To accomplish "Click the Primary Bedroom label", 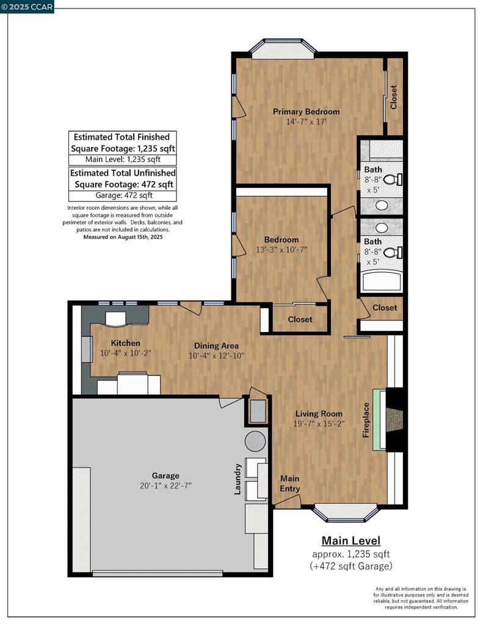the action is pyautogui.click(x=306, y=112).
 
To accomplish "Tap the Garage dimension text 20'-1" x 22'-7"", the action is pyautogui.click(x=165, y=485).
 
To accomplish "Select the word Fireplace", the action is pyautogui.click(x=366, y=420).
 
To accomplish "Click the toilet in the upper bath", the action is pyautogui.click(x=393, y=179).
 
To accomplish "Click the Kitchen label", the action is pyautogui.click(x=125, y=343).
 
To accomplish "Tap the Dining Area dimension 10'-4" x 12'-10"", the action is pyautogui.click(x=216, y=356).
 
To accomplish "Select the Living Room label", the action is pyautogui.click(x=319, y=414).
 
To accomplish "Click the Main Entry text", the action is pyautogui.click(x=290, y=483).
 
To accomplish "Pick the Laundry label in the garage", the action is pyautogui.click(x=238, y=479).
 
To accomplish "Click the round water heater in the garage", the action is pyautogui.click(x=255, y=441).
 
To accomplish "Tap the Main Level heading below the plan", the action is pyautogui.click(x=351, y=541).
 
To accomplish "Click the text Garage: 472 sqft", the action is pyautogui.click(x=123, y=195).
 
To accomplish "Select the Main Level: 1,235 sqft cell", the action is pyautogui.click(x=123, y=160).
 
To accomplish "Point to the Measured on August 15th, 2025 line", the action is pyautogui.click(x=123, y=237).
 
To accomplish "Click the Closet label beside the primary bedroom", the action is pyautogui.click(x=394, y=97).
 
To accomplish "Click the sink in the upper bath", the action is pyautogui.click(x=382, y=205).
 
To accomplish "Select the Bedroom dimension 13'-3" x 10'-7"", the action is pyautogui.click(x=281, y=250).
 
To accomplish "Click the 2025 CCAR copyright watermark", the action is pyautogui.click(x=27, y=7).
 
